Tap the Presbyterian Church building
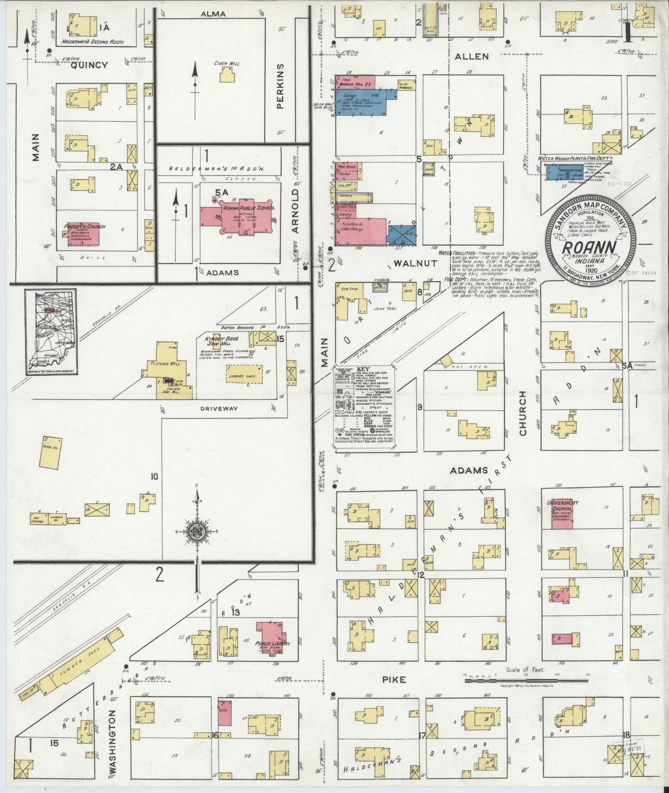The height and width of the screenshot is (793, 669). point(83,234)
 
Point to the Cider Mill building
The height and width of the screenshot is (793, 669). point(226,74)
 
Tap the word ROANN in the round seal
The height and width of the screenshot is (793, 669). point(589,248)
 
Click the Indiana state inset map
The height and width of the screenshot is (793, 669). point(51,332)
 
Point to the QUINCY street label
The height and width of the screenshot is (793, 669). point(91,65)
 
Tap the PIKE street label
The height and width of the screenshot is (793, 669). point(394,680)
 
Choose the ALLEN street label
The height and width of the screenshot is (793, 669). point(471,56)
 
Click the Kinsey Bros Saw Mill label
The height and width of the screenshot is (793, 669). point(222,342)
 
